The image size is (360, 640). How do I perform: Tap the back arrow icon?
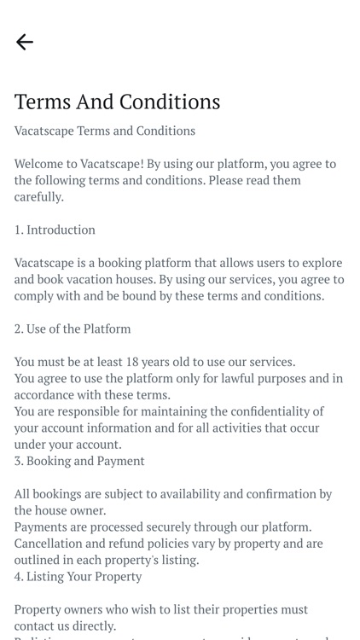click(x=25, y=42)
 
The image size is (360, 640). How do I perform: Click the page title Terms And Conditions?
click(x=117, y=102)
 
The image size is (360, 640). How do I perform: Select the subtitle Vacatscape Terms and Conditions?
click(x=105, y=131)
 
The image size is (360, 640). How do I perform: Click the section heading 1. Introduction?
click(x=55, y=230)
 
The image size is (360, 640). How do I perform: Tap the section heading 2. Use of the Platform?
click(x=73, y=329)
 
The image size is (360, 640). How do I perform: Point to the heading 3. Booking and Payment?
click(x=79, y=461)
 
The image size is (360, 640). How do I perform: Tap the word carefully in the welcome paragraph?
click(x=38, y=196)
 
